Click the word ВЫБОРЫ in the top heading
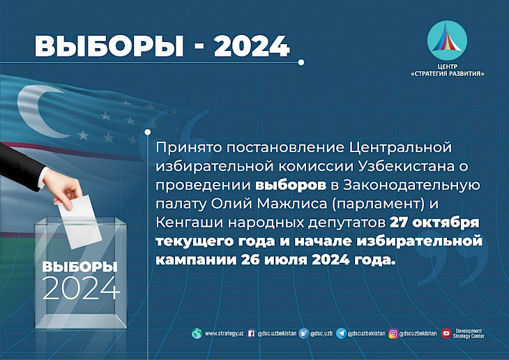[109, 46]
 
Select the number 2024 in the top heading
[252, 46]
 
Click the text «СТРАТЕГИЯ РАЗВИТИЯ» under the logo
[448, 74]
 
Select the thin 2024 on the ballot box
[80, 288]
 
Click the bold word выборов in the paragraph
[291, 185]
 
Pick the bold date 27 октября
[434, 223]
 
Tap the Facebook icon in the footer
[251, 333]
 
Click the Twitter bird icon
[303, 333]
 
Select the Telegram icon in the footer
[341, 333]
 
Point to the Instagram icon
[393, 333]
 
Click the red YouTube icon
[446, 333]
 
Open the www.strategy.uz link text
[224, 333]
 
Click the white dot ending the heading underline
[301, 62]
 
